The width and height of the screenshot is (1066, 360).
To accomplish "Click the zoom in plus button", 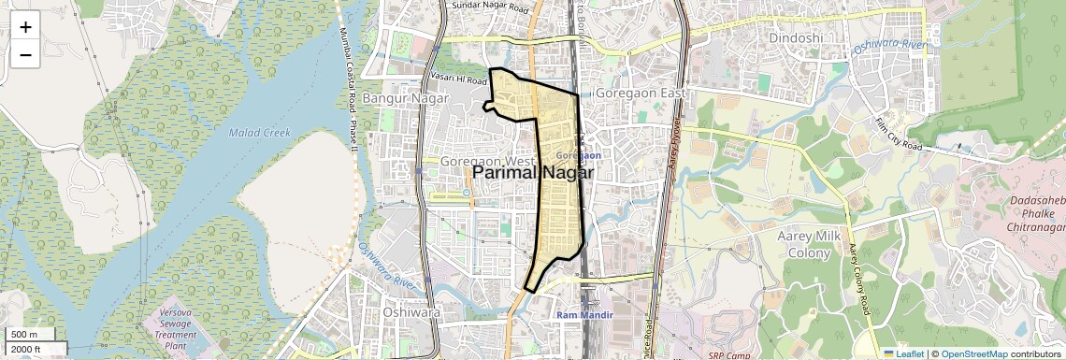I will (x=25, y=27).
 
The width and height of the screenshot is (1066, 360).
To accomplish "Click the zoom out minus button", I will (x=25, y=54).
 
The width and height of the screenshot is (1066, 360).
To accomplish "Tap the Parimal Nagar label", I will (x=533, y=173).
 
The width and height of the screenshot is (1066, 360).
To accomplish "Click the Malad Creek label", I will (x=260, y=133).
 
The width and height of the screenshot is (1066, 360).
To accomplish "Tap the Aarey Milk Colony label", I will (x=804, y=245).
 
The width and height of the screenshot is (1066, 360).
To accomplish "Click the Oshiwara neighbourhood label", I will (x=411, y=312).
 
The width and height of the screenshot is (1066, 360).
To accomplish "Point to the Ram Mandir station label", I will (x=584, y=315).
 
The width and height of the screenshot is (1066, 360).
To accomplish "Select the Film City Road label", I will (x=899, y=136).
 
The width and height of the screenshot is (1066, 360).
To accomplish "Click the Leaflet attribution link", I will (x=903, y=353).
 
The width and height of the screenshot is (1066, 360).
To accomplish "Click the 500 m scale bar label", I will (x=24, y=335).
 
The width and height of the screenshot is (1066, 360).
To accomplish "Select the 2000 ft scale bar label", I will (x=26, y=349).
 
